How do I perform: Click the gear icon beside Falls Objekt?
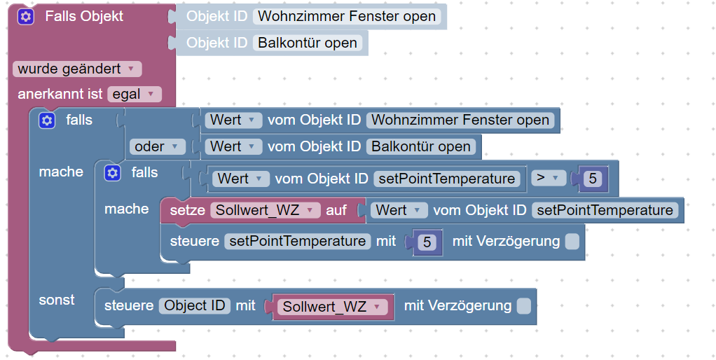[x=26, y=17]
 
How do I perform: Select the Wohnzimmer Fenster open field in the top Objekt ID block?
[x=347, y=16]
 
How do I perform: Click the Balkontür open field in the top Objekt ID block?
[x=308, y=43]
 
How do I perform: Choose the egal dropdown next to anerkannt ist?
[x=134, y=94]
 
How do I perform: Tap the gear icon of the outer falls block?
[x=47, y=120]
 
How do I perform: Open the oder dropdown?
[x=157, y=146]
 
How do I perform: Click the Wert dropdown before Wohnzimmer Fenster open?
[x=234, y=120]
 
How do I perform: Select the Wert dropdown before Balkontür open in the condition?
[x=234, y=146]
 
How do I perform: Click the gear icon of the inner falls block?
[x=112, y=173]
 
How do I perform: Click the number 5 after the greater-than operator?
[x=593, y=179]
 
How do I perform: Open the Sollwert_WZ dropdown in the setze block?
[x=265, y=210]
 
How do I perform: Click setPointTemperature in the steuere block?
[x=298, y=242]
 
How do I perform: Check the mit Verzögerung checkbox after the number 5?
[x=572, y=242]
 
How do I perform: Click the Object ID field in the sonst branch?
[x=194, y=305]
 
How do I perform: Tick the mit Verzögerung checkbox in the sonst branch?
[x=523, y=305]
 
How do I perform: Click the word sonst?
[x=57, y=300]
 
